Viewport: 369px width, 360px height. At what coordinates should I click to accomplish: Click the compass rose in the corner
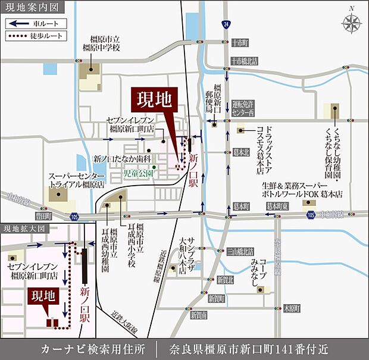[352, 23]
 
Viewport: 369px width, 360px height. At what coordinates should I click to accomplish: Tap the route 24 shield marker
[226, 24]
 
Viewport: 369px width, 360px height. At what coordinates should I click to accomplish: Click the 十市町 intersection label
[240, 43]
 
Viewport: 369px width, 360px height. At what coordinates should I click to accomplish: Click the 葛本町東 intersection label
[277, 206]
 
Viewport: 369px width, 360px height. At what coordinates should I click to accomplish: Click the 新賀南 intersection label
[199, 314]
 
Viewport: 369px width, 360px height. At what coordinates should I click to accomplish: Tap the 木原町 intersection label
[292, 309]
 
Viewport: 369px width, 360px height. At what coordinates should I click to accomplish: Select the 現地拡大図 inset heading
[23, 228]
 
